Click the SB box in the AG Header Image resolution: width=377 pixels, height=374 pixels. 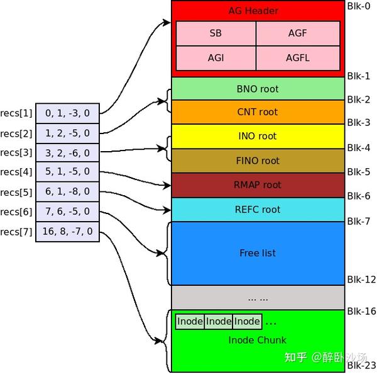[x=216, y=33]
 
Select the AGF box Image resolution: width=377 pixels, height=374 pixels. [x=298, y=33]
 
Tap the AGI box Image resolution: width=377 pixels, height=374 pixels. [x=216, y=58]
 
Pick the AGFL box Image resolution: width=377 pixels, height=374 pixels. [x=298, y=58]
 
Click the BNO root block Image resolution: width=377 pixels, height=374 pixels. [x=258, y=89]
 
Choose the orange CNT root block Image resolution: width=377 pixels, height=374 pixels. [x=258, y=112]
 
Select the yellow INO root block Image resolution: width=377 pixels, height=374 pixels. [x=258, y=136]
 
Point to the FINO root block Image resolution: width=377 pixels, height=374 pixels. [x=258, y=161]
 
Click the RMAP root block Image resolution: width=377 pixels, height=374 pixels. [x=258, y=185]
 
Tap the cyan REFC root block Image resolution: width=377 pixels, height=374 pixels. [x=258, y=209]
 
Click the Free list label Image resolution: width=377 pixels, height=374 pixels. [x=258, y=253]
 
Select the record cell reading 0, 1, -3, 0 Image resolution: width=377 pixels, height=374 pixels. [x=67, y=113]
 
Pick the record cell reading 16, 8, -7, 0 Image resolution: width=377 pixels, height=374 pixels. [x=67, y=231]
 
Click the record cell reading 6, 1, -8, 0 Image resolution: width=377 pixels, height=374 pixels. [x=67, y=191]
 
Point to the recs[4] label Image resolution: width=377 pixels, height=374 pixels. [x=16, y=172]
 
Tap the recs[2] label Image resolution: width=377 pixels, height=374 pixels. [x=16, y=133]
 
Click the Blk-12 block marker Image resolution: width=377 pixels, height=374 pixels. [x=361, y=280]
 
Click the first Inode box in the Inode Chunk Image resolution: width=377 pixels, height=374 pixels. [x=190, y=322]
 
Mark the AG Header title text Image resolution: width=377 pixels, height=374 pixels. [x=258, y=11]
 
